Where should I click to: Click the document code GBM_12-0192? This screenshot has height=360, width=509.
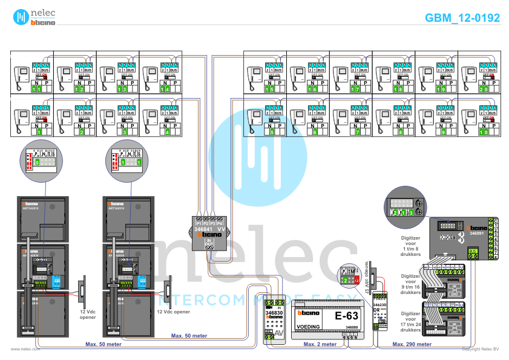(462, 18)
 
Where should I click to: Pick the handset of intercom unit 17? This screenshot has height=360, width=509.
(339, 76)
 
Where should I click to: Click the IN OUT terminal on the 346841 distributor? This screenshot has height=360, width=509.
(209, 243)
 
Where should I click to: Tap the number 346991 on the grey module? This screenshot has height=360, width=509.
(460, 232)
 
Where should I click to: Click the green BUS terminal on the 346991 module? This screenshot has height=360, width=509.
(473, 252)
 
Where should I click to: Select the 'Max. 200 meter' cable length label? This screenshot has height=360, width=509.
(412, 344)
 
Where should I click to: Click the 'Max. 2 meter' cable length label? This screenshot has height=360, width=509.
(319, 344)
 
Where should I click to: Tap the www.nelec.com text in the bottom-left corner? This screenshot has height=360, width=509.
(25, 349)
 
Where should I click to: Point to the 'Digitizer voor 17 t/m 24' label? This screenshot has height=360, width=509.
(412, 321)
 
